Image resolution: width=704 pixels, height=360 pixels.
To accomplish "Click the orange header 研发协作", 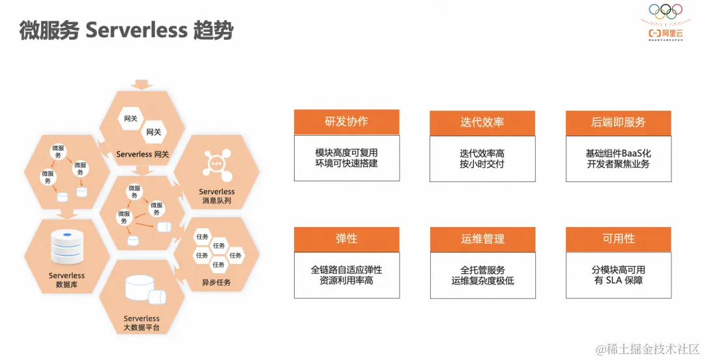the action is [346, 122].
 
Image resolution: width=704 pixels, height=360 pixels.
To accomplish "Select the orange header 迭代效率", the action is [482, 123].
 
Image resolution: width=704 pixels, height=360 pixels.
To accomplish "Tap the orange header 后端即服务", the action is [618, 123].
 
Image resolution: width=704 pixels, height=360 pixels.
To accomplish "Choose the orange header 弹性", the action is [346, 239].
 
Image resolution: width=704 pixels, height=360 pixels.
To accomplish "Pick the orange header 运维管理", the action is [482, 239].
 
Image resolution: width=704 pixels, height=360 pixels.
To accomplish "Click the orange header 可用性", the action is [618, 239].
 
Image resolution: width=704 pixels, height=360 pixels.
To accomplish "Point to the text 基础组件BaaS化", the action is [618, 153].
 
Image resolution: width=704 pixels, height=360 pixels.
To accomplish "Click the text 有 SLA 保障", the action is [618, 280].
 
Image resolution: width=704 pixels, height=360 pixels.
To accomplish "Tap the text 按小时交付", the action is [482, 164].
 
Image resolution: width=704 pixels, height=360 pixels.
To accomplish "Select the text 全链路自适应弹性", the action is [346, 270].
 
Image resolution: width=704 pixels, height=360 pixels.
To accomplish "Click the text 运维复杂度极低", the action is [482, 280].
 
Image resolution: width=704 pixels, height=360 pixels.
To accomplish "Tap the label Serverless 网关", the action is [143, 155].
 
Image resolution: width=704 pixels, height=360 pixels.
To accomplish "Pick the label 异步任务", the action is [216, 282].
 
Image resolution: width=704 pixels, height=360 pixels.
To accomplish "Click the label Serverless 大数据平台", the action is [141, 323].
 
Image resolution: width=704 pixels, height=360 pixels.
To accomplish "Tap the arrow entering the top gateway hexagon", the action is [141, 85].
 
